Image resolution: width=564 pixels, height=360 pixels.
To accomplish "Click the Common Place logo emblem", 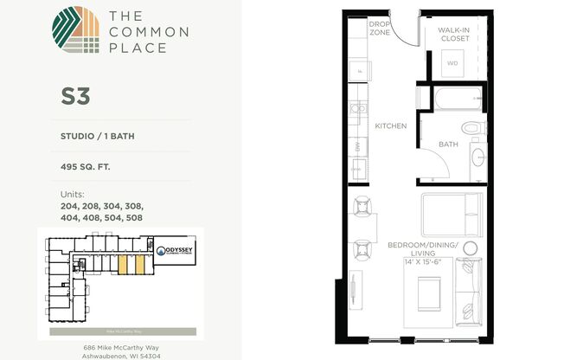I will pos(75,31).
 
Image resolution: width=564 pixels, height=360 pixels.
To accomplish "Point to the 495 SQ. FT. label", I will pos(87,168).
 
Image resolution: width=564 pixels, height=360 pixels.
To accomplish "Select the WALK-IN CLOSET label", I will pos(452,34).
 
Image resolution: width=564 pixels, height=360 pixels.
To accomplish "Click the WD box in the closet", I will pos(452,63).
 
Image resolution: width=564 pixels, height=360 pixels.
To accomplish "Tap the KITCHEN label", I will pos(390,126).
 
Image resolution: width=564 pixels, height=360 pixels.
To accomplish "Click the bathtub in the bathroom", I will pos(451,100).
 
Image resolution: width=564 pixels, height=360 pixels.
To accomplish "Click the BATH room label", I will pos(448,145).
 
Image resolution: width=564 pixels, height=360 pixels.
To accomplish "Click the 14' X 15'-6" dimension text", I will pos(421,260).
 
